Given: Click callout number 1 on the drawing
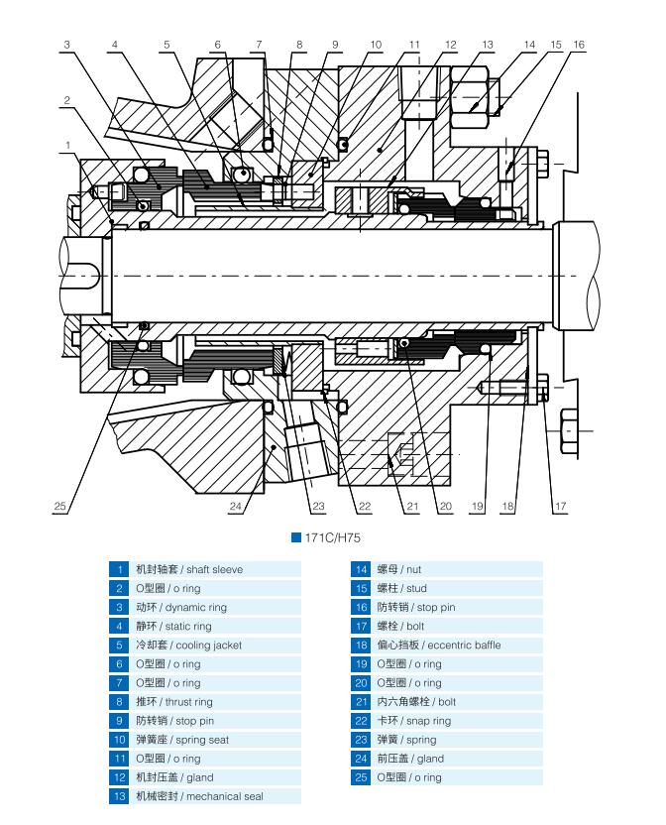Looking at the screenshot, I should click(68, 145).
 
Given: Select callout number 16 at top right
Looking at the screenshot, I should click(579, 45).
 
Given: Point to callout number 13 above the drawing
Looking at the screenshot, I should click(487, 45).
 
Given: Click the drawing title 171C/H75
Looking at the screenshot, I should click(333, 537).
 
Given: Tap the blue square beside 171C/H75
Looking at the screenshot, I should click(295, 537).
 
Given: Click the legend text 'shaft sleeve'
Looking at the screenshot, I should click(215, 570).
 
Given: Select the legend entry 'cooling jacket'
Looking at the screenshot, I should click(198, 646).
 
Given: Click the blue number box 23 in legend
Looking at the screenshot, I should click(361, 740).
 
